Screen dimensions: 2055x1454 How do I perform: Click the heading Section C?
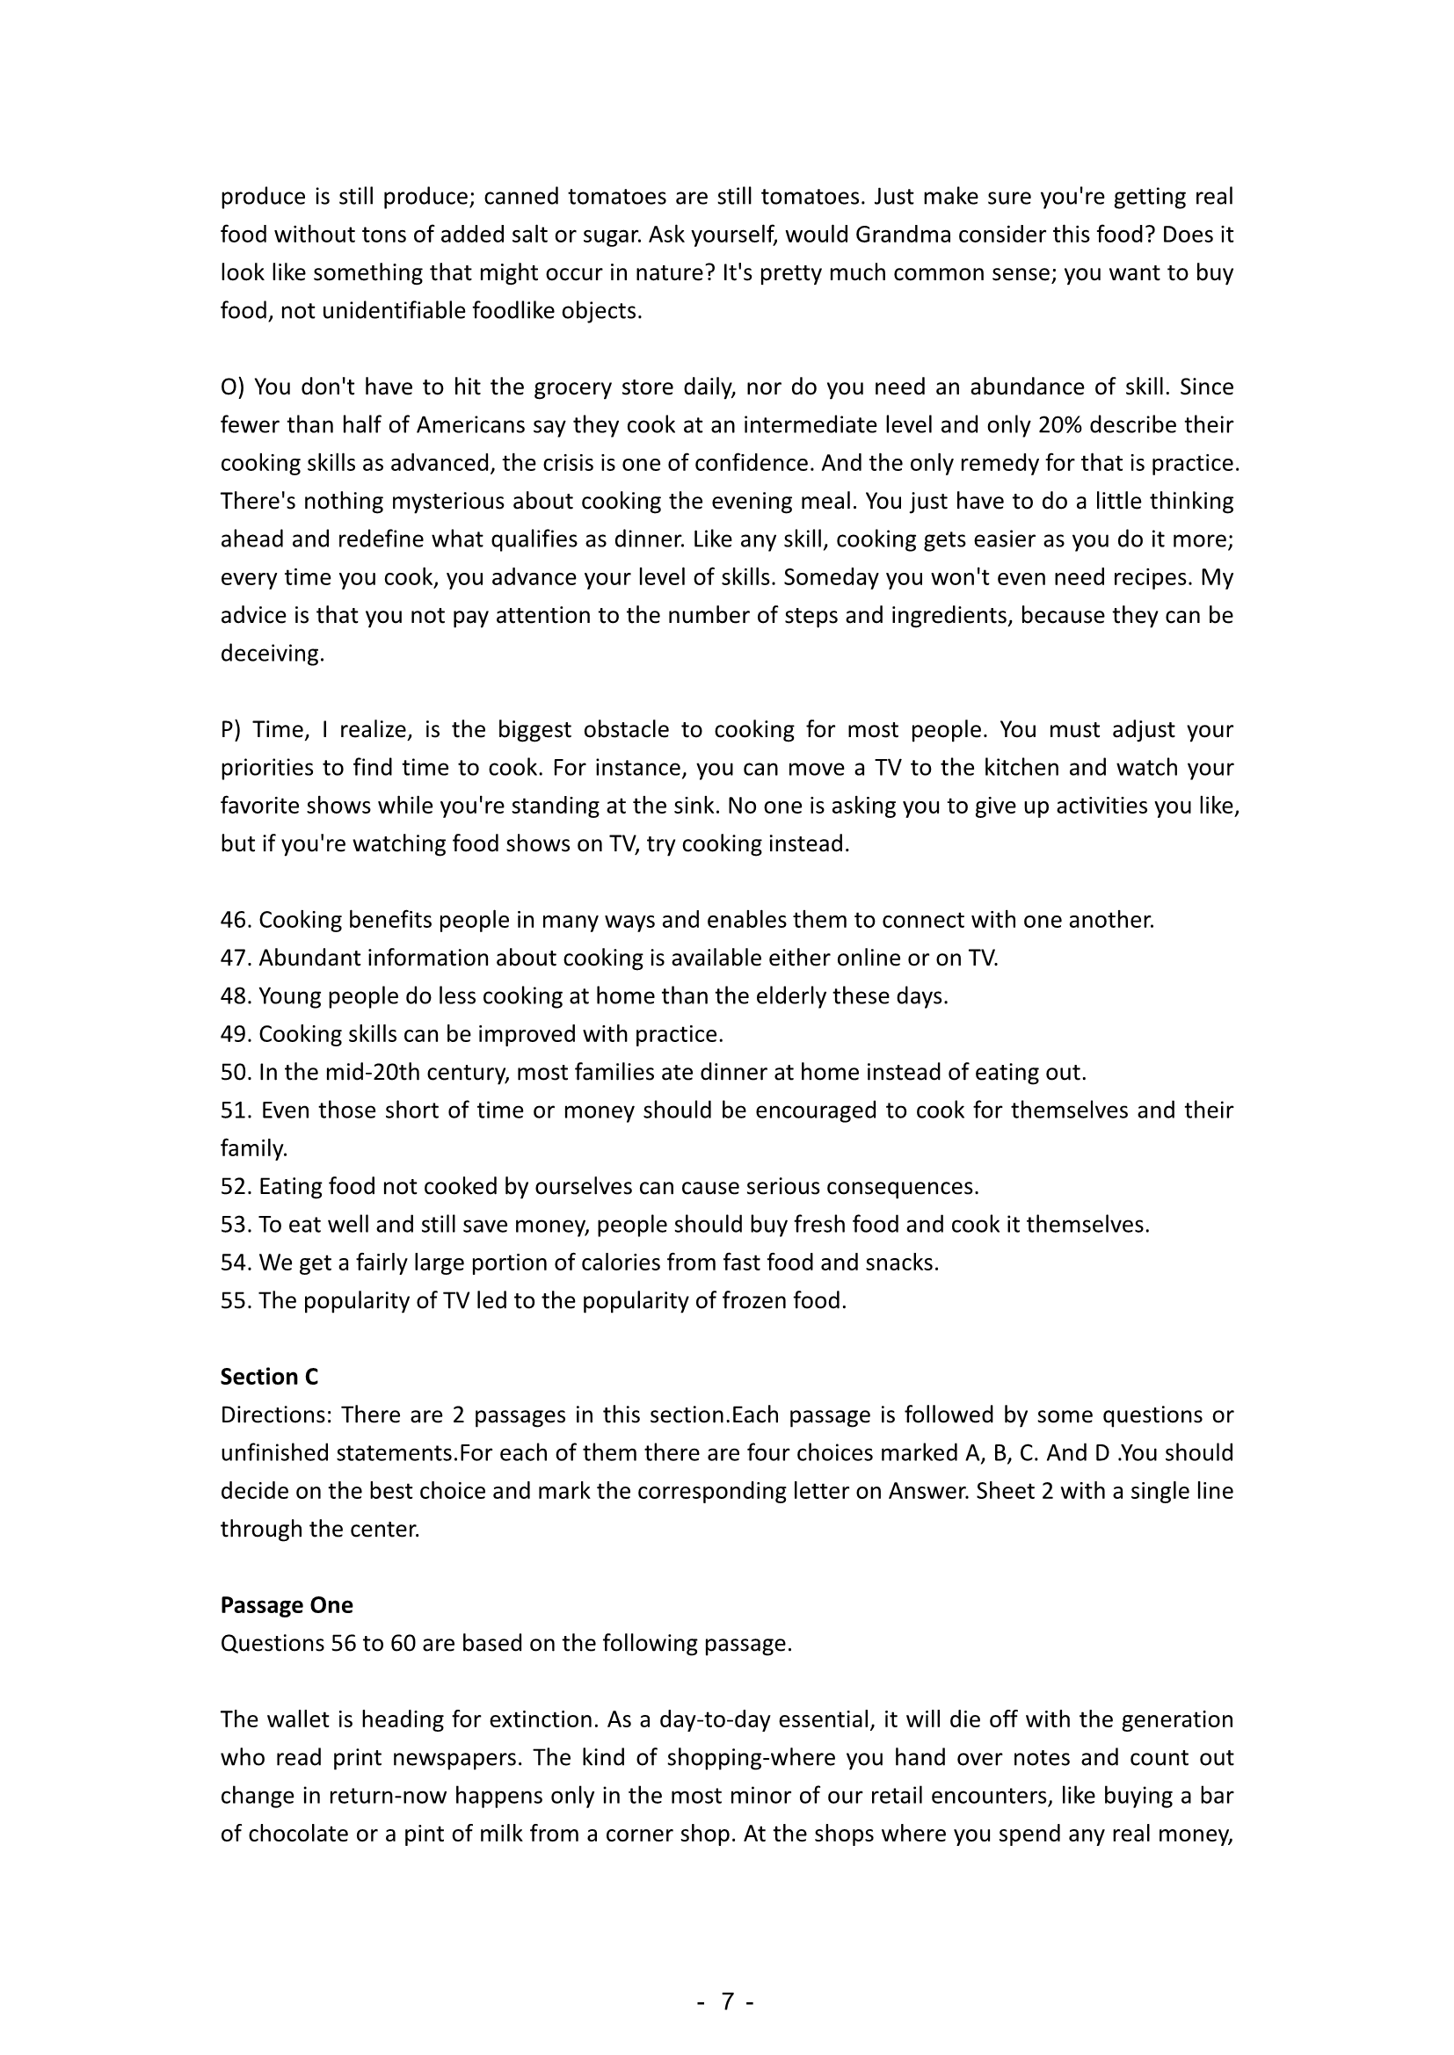[x=269, y=1377]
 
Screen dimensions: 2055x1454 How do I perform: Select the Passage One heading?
[x=287, y=1605]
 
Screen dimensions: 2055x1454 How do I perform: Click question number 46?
[x=236, y=920]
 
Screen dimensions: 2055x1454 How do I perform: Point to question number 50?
[x=236, y=1072]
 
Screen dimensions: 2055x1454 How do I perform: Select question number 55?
[x=236, y=1300]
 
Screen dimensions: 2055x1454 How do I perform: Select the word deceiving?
[x=272, y=654]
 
